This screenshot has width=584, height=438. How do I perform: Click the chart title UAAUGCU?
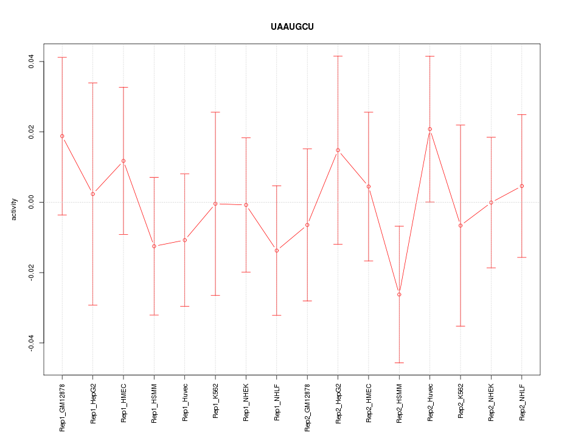click(x=292, y=27)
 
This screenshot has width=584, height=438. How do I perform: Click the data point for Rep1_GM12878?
click(x=62, y=136)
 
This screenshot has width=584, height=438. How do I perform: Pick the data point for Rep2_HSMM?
click(x=399, y=294)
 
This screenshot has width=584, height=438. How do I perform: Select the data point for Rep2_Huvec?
click(x=430, y=129)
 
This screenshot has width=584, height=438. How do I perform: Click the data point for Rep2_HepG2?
click(x=338, y=150)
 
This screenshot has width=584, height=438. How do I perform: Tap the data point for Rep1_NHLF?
click(x=277, y=251)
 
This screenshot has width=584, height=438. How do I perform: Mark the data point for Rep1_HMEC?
click(x=123, y=161)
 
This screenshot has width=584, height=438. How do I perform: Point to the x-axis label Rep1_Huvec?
click(x=185, y=402)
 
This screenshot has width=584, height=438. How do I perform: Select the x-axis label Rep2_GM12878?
click(x=307, y=406)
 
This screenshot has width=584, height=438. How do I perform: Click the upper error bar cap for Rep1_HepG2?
click(x=92, y=83)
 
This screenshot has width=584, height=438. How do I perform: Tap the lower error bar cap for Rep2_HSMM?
click(x=399, y=363)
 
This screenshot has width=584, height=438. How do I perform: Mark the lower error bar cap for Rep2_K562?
click(x=461, y=326)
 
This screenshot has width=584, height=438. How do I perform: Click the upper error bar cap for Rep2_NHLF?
click(x=522, y=114)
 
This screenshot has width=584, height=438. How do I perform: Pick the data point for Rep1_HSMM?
click(x=154, y=246)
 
